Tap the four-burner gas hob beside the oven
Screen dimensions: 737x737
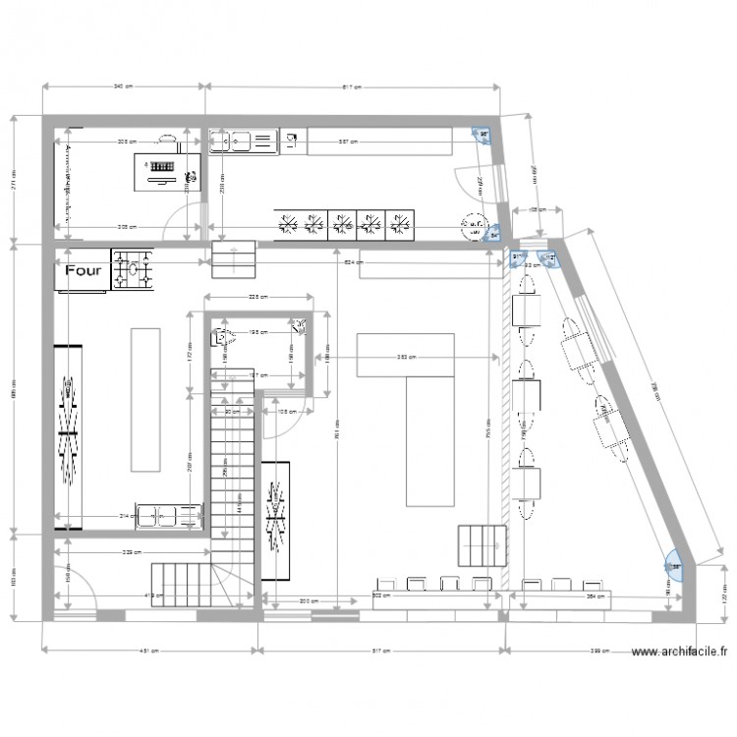134,271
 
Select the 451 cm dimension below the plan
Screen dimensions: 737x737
148,651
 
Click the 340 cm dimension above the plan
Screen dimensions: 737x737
123,86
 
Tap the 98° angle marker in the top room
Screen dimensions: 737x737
482,136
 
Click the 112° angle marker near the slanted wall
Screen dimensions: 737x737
549,257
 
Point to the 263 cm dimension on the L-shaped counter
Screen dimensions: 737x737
405,358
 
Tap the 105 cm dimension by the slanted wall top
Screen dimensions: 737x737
536,210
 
